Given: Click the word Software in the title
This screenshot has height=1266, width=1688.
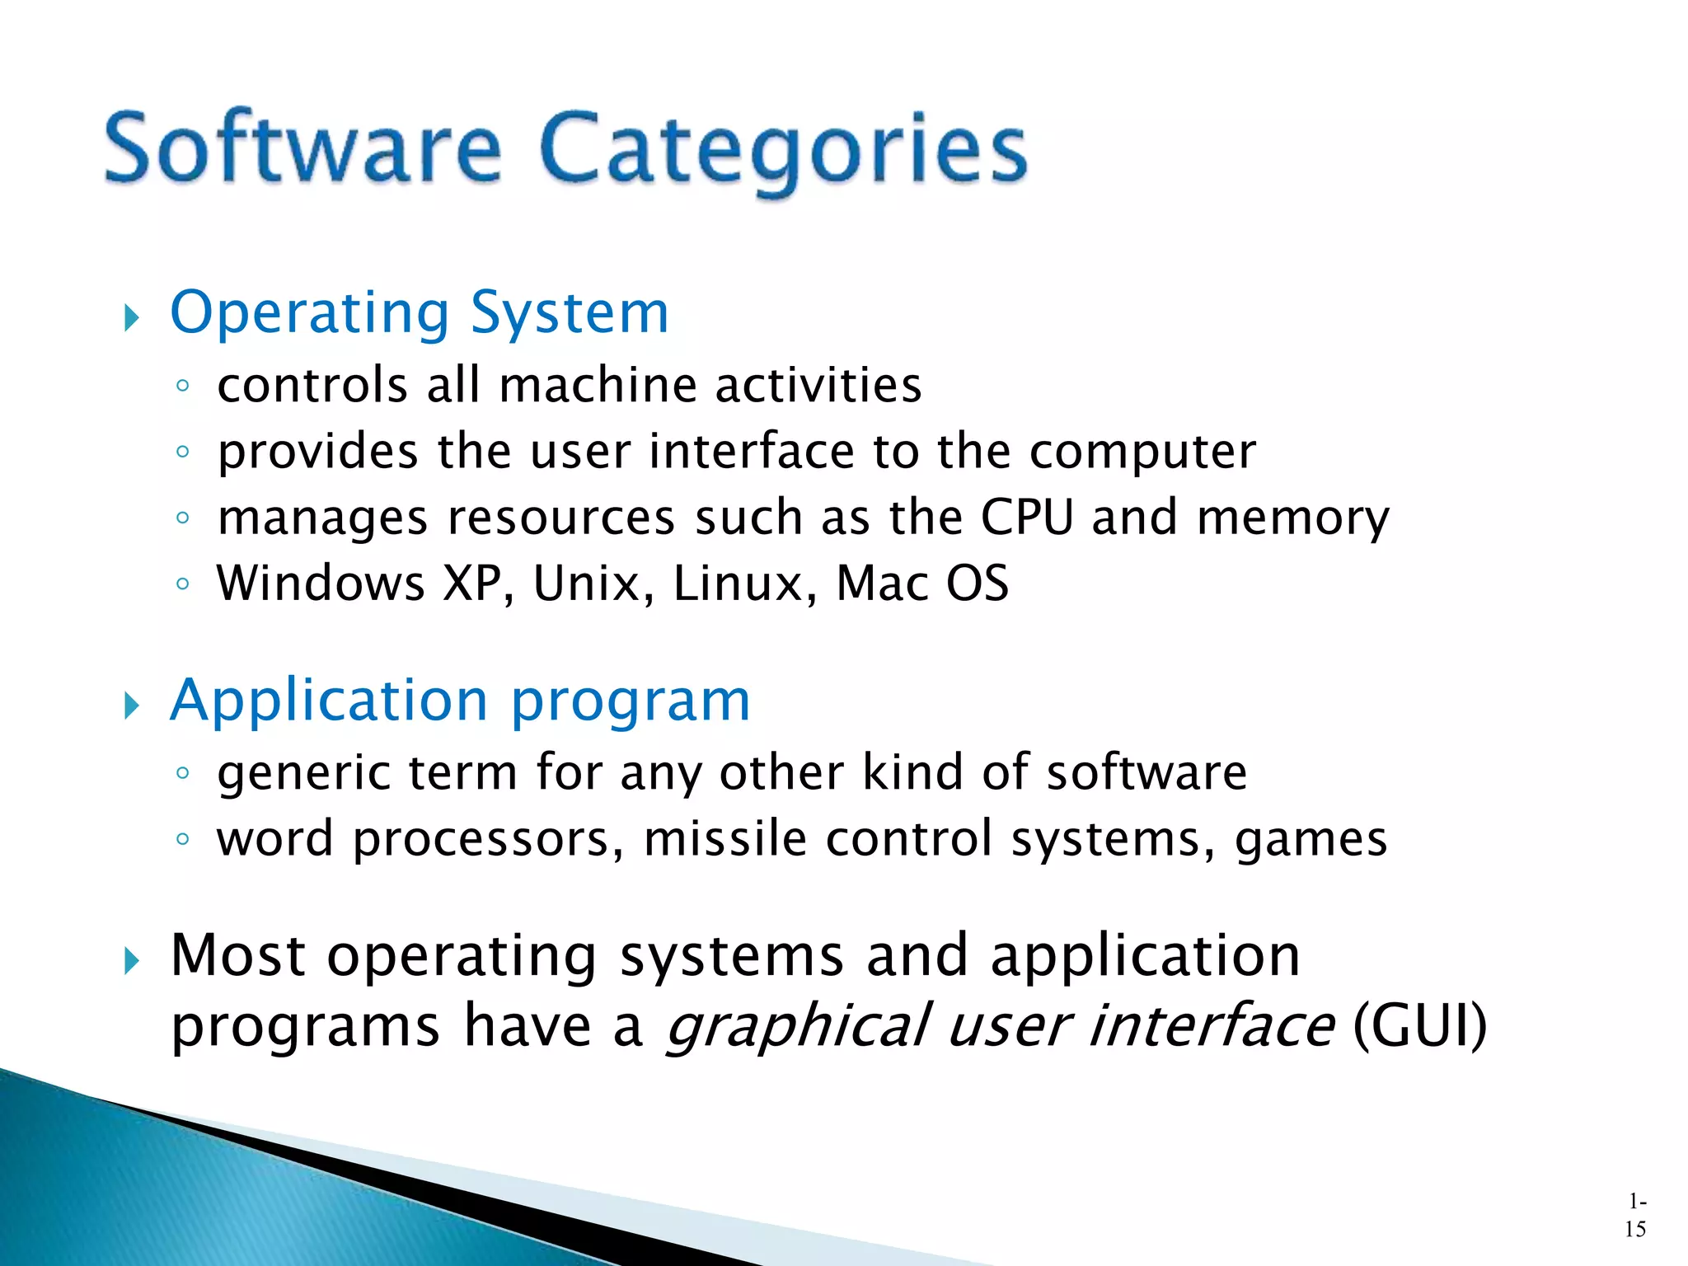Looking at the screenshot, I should coord(302,148).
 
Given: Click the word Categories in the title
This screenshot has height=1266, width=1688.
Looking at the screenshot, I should coord(784,150).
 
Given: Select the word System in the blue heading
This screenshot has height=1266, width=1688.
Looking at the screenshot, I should coord(569,313).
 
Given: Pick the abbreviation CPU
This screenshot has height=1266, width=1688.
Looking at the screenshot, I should coord(1027,518).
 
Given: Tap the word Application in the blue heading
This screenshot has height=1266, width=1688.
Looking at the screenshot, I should coord(330,701).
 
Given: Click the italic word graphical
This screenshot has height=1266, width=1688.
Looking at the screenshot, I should coord(798,1027).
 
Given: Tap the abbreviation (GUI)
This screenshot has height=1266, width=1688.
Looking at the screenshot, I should coord(1419,1026).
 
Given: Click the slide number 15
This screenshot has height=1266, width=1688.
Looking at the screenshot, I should coord(1635,1229).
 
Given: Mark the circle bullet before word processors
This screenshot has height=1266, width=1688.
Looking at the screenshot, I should coord(183,840).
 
